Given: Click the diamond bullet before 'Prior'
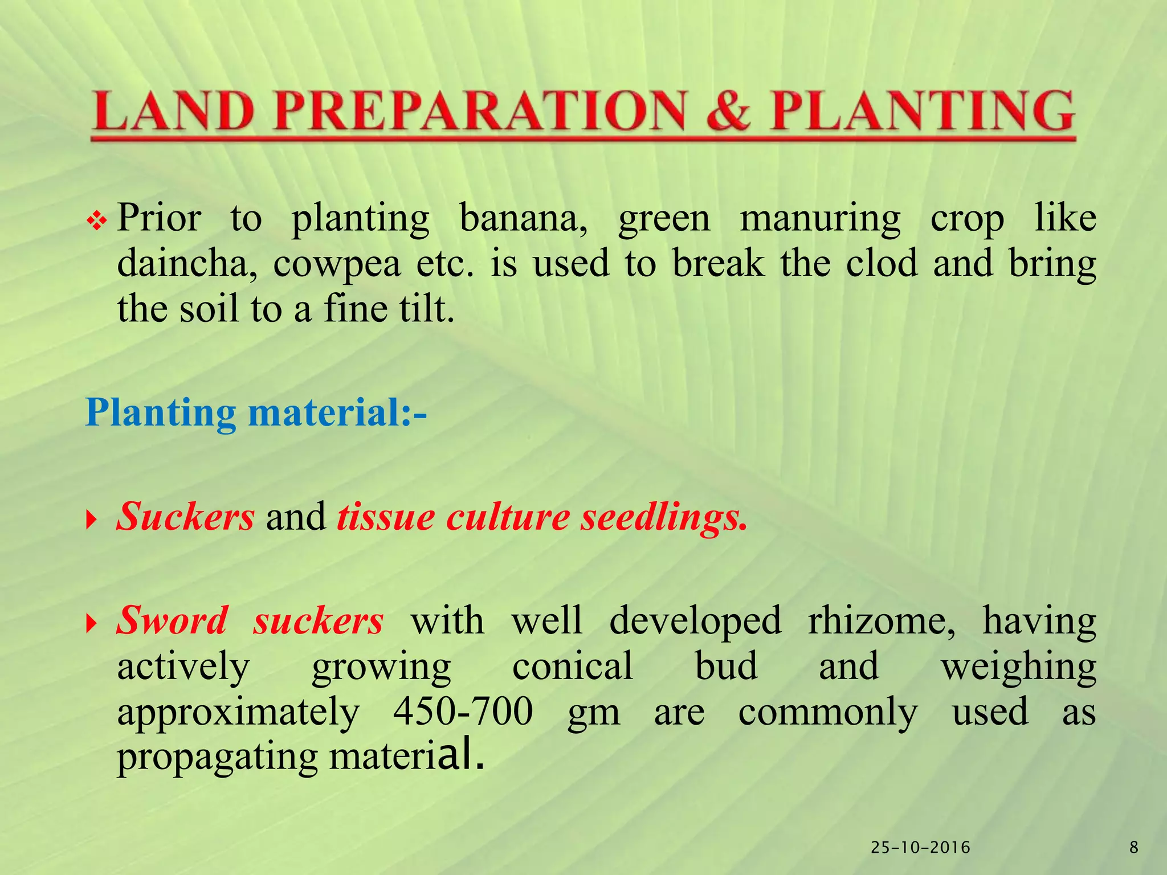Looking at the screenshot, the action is pyautogui.click(x=97, y=220).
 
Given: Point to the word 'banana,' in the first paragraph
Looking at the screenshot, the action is pyautogui.click(x=524, y=218).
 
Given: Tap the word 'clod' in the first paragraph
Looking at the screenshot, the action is pyautogui.click(x=882, y=263).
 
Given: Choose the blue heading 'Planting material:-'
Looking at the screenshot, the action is pyautogui.click(x=256, y=412).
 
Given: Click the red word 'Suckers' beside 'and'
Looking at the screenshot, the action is pyautogui.click(x=186, y=516).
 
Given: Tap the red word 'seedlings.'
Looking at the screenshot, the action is pyautogui.click(x=663, y=518).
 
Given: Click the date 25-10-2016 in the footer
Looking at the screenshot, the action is pyautogui.click(x=921, y=848).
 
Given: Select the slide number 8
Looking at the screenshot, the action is pyautogui.click(x=1133, y=848).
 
